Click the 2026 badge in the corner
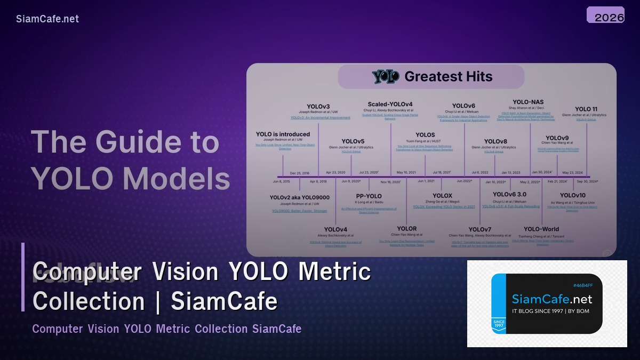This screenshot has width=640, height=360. (605, 16)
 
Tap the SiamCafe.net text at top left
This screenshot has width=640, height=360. (47, 19)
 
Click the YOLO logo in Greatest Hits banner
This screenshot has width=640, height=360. (386, 77)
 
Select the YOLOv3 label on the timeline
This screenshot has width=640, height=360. (318, 106)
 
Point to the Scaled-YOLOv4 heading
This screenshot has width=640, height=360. (390, 104)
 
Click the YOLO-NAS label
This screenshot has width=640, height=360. (528, 101)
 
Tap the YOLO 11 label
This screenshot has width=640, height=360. (586, 109)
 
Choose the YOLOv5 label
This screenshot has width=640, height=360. (353, 141)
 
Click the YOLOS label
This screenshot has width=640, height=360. (425, 135)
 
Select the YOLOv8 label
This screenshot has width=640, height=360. (495, 141)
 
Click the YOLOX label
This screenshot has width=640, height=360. (442, 196)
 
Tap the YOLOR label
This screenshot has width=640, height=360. (407, 229)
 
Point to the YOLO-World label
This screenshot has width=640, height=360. (541, 229)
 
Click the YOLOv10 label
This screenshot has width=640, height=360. (573, 195)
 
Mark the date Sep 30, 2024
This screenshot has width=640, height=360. (587, 181)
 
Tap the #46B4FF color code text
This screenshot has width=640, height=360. (583, 285)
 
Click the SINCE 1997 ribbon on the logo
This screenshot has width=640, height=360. (498, 323)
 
